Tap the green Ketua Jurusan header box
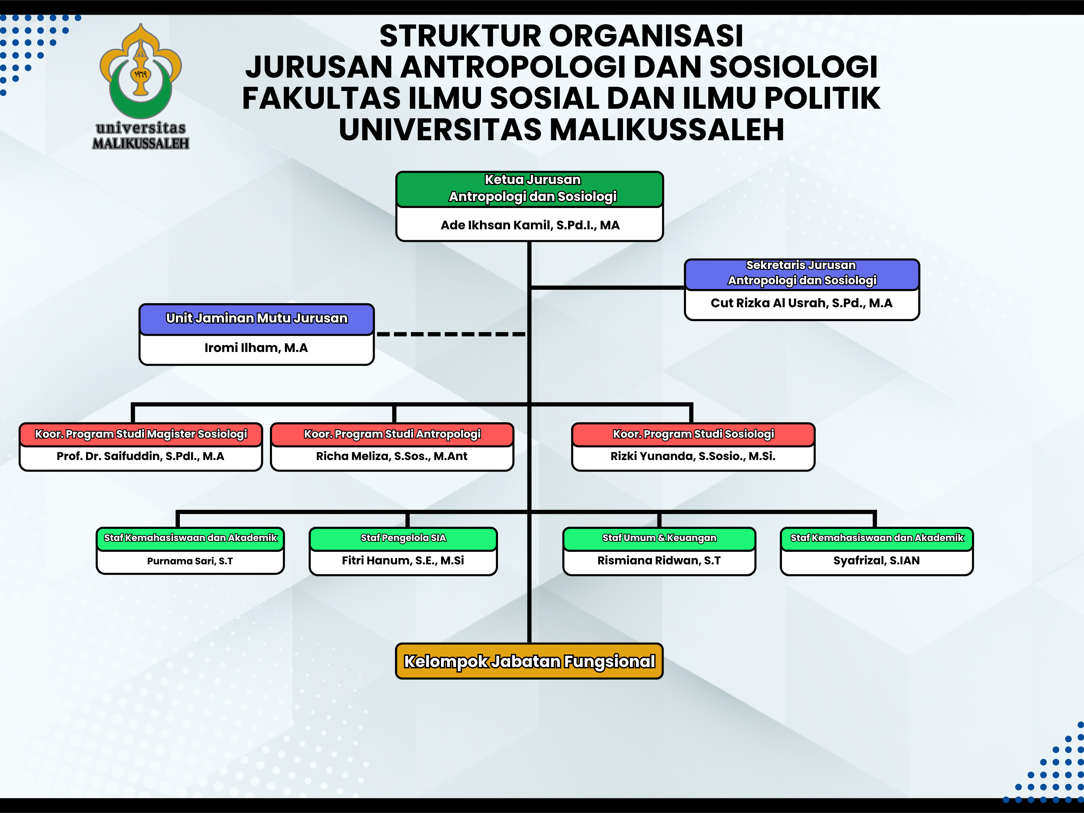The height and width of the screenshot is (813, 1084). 530,188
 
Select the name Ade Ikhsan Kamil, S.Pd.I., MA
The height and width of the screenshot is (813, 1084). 530,225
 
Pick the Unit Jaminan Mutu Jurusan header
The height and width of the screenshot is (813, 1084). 256,318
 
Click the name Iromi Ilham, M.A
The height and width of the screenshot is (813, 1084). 256,348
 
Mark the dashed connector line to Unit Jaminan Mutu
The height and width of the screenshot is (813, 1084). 451,334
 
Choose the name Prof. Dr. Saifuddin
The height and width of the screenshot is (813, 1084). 141,456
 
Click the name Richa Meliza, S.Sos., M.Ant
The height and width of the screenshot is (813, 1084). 392,456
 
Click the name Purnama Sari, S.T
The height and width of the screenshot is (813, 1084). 190,561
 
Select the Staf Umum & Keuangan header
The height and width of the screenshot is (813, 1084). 659,538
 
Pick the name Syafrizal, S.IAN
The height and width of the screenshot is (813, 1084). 876,561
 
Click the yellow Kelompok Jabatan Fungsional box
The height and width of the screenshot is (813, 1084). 529,662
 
